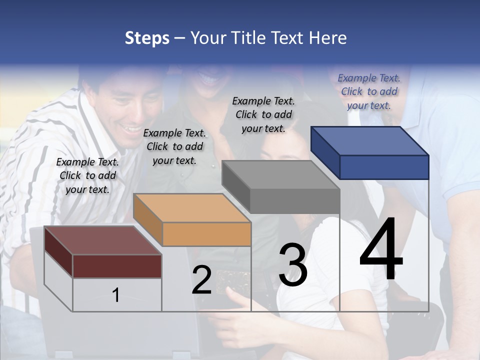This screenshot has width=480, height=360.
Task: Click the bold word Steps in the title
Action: pos(147,38)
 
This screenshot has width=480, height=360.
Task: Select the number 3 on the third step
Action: pos(293,265)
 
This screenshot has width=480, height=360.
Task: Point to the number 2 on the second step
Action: pos(202,280)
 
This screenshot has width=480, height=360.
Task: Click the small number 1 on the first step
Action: pos(116,295)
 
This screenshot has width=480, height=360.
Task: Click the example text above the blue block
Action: pos(369,91)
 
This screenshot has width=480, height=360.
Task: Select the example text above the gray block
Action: pos(263,114)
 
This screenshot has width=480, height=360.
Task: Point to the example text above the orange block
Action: pos(174,146)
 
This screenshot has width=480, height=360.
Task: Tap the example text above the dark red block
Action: pos(87,175)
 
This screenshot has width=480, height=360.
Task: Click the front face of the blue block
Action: pos(384,167)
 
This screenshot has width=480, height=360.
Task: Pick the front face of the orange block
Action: pos(206,234)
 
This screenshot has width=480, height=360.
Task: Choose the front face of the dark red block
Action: pos(117,266)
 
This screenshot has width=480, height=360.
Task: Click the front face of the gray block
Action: pos(295,201)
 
